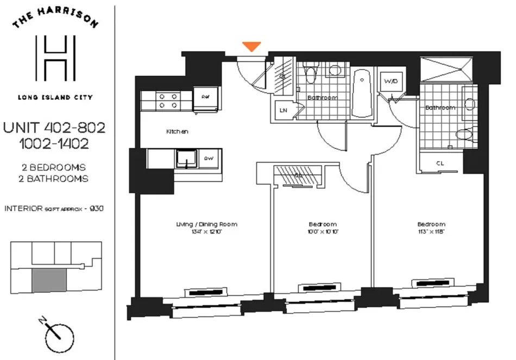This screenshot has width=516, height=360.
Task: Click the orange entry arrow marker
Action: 251,47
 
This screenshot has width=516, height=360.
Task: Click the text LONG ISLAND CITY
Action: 55,98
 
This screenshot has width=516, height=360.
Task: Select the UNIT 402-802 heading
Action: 54,128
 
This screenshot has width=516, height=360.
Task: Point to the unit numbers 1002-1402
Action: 54,144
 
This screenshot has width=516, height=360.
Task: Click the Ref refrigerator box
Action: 205,98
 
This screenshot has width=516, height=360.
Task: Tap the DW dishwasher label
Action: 208,159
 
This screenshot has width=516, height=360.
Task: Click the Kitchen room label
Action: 177,131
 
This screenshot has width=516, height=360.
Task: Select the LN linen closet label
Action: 283,110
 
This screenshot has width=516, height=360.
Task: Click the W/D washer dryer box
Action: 390,82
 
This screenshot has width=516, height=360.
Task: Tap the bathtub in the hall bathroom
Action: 361,94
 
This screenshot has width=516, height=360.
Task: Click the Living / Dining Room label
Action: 206,224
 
